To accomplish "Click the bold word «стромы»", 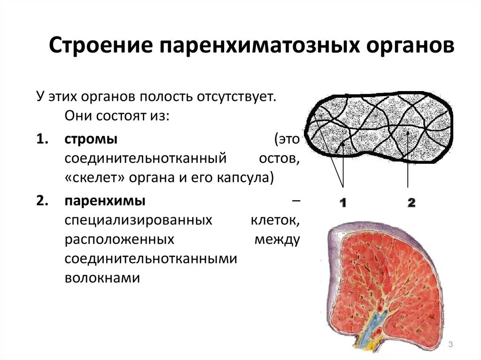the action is pyautogui.click(x=91, y=139).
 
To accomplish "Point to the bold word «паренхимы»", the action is pyautogui.click(x=105, y=201).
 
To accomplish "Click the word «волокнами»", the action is pyautogui.click(x=102, y=277).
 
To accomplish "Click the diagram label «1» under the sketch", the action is pyautogui.click(x=342, y=203).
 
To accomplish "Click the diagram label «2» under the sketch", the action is pyautogui.click(x=411, y=203).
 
